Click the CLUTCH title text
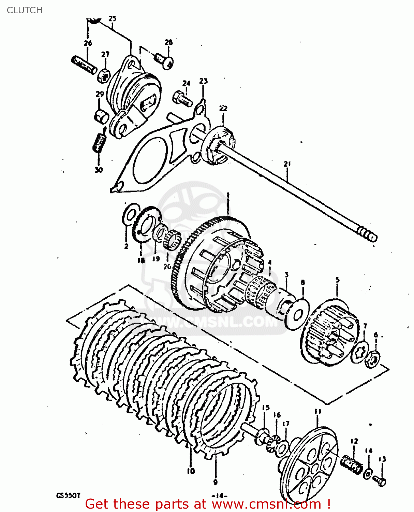coord(25,10)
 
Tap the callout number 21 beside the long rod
coord(287,164)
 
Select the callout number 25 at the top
coord(113,19)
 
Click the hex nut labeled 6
coord(372,359)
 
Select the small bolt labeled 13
coord(380,481)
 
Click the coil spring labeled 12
coord(352,464)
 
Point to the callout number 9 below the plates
coord(215,482)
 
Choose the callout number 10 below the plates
coord(191,471)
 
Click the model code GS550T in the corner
coord(68,495)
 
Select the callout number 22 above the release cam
coord(223,109)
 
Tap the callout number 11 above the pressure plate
coord(318,412)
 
